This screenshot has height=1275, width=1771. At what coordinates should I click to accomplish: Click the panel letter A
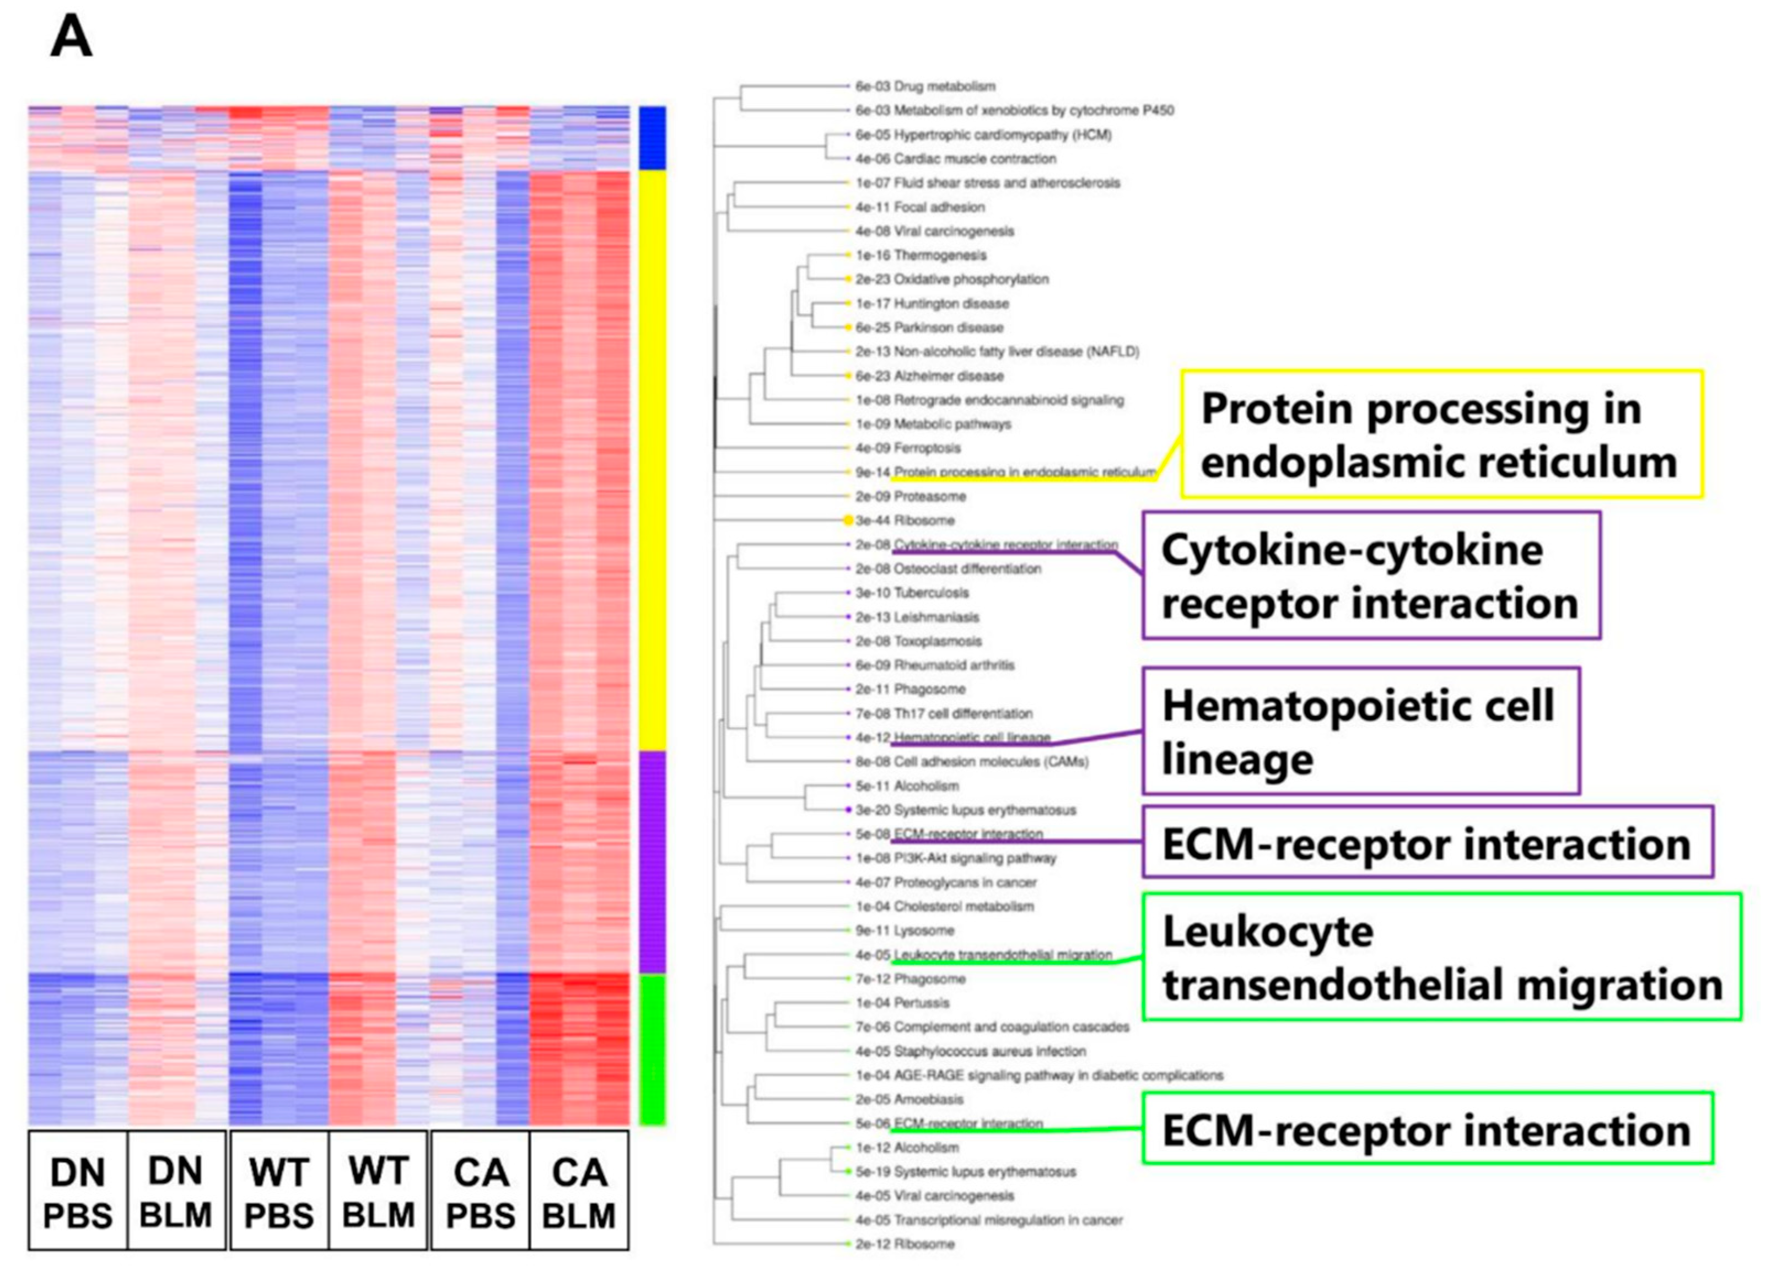[71, 37]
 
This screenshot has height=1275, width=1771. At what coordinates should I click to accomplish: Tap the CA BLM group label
[579, 1192]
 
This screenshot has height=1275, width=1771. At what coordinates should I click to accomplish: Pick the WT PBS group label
[279, 1192]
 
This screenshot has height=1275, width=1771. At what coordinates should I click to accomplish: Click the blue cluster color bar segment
[652, 138]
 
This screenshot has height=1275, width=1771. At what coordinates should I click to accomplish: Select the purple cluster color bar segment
[652, 862]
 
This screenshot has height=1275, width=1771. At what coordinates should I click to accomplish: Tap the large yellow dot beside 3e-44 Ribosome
[848, 520]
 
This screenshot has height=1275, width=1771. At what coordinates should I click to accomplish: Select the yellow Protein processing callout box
[1441, 434]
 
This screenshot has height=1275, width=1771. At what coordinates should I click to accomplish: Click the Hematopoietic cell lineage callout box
[1360, 731]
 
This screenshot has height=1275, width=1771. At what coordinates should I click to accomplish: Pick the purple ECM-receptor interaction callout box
[1428, 842]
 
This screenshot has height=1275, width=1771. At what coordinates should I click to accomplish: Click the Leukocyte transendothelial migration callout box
[1441, 957]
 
